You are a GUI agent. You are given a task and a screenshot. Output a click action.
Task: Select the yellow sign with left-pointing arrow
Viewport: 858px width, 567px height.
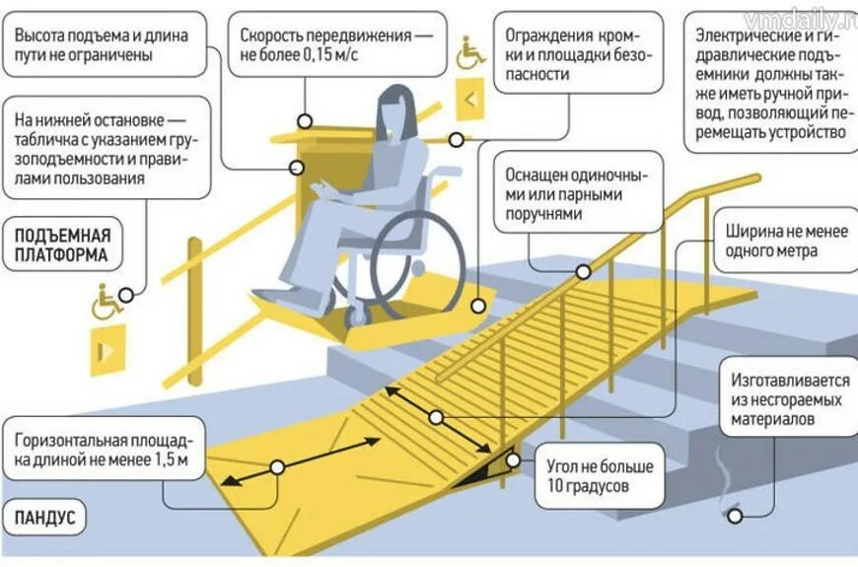[470, 99]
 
